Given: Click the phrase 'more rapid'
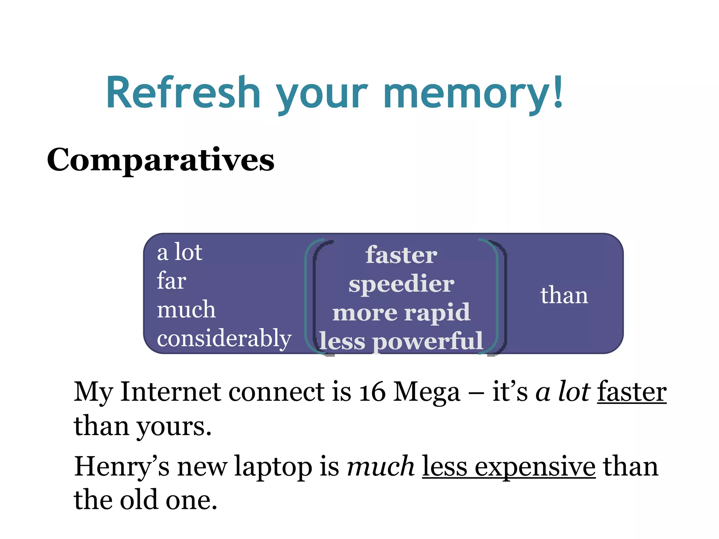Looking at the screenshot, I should [401, 312].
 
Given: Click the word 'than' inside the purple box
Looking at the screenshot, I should [564, 295].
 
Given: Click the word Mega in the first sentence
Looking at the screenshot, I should [427, 392].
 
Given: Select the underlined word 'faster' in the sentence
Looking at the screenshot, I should [632, 392].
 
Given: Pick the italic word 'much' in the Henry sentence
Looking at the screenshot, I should [381, 467].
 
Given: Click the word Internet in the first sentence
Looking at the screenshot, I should [171, 392].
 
